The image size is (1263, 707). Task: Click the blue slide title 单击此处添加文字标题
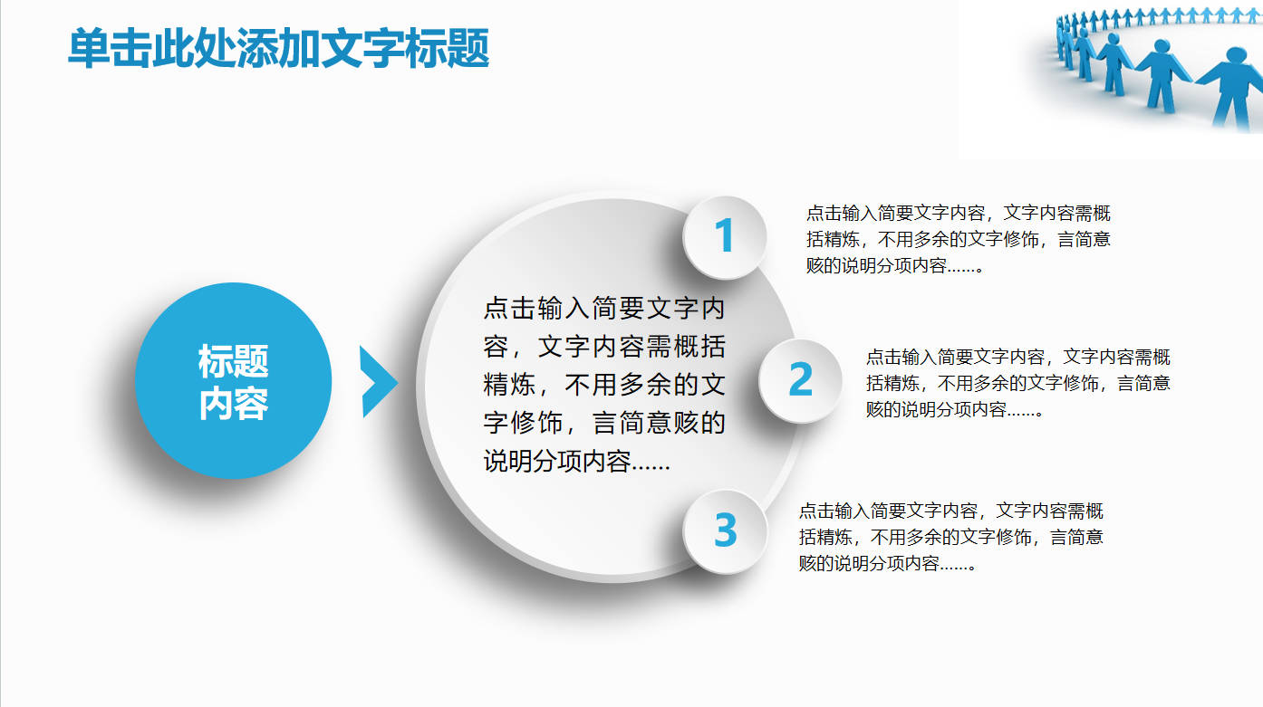pyautogui.click(x=278, y=49)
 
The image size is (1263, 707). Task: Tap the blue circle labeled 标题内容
pyautogui.click(x=234, y=381)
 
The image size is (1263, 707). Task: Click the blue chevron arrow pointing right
pyautogui.click(x=379, y=382)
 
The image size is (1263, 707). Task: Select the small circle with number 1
pyautogui.click(x=725, y=237)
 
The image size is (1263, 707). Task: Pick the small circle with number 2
pyautogui.click(x=800, y=380)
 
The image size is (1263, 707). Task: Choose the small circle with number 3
pyautogui.click(x=725, y=531)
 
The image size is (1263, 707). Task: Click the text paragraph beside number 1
pyautogui.click(x=958, y=239)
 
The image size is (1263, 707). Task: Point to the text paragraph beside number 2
pyautogui.click(x=1017, y=383)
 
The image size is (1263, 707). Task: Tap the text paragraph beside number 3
pyautogui.click(x=950, y=537)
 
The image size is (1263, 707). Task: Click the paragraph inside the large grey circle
pyautogui.click(x=604, y=385)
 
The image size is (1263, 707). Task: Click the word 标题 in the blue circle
pyautogui.click(x=234, y=361)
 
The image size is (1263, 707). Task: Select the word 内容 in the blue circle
pyautogui.click(x=234, y=404)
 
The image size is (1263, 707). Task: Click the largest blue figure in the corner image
pyautogui.click(x=1232, y=87)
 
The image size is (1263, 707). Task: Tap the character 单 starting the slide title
pyautogui.click(x=89, y=49)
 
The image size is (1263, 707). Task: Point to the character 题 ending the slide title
pyautogui.click(x=468, y=49)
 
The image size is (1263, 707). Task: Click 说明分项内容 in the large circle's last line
pyautogui.click(x=556, y=462)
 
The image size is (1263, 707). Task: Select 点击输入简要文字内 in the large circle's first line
pyautogui.click(x=604, y=308)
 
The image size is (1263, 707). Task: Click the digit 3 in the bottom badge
pyautogui.click(x=726, y=530)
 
